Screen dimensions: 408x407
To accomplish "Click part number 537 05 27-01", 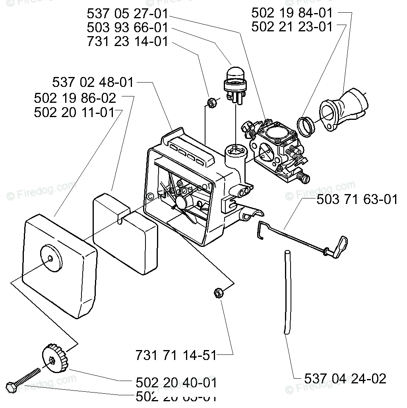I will pos(127,14).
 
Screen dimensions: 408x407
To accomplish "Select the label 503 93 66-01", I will pos(127,28).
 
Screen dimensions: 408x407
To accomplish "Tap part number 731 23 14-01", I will pos(127,42).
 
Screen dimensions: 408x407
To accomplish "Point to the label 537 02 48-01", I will pos(93,83).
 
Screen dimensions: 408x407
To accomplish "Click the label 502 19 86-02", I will pos(75,98).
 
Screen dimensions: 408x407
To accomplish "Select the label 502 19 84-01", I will pos(292,13).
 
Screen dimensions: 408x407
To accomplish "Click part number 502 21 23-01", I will pos(292,27).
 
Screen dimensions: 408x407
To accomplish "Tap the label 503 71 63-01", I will pos(357,199).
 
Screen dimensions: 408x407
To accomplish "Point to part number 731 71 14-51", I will pos(176,354).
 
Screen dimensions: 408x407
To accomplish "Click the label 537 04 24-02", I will pos(345,378).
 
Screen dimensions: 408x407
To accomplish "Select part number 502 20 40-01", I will pos(176,383).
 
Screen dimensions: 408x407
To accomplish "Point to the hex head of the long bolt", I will pos(10,387).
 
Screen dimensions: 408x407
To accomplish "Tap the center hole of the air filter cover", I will pos(50,258).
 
